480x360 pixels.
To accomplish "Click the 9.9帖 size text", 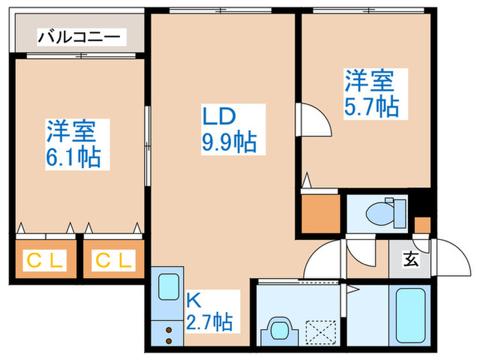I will tap(229, 143).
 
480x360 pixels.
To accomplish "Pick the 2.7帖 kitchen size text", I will tap(208, 320).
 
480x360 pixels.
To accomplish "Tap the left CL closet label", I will tap(44, 260).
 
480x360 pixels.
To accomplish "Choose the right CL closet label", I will tap(114, 260).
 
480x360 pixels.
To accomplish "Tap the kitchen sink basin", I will tap(168, 288).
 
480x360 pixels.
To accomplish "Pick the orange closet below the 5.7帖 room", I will tap(321, 213).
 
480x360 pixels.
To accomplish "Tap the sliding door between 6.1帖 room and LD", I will tap(147, 144).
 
